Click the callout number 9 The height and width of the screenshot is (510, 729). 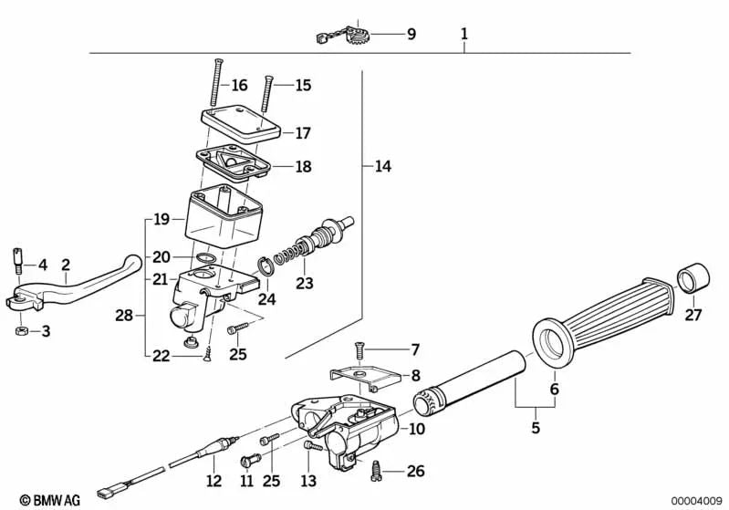pyautogui.click(x=411, y=35)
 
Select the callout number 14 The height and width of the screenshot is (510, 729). pyautogui.click(x=382, y=167)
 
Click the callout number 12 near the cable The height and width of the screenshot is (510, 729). pyautogui.click(x=213, y=481)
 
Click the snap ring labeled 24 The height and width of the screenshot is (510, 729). pyautogui.click(x=264, y=267)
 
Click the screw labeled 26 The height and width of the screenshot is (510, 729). pyautogui.click(x=376, y=469)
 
